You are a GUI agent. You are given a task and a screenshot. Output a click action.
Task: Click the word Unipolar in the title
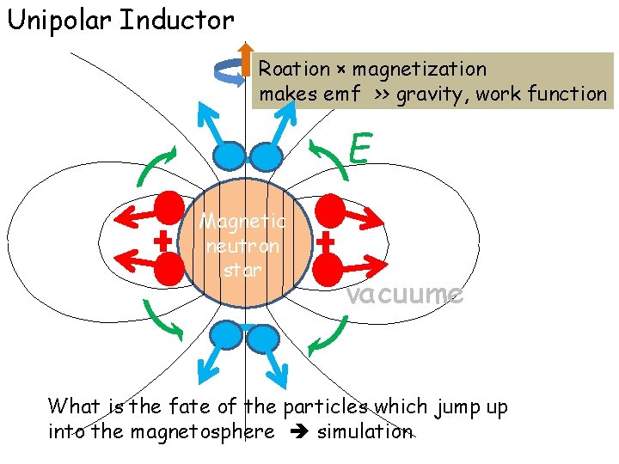[x=59, y=20]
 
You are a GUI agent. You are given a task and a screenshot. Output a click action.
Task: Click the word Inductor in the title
[x=176, y=20]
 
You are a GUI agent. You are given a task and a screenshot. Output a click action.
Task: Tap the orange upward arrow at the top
[x=245, y=59]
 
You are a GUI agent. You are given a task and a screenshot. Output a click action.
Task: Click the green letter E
[x=359, y=149]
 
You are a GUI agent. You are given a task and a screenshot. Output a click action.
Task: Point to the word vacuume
[x=404, y=294]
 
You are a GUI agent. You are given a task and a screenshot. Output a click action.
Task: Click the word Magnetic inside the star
[x=243, y=222]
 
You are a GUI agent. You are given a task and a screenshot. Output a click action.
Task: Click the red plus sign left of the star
[x=161, y=242]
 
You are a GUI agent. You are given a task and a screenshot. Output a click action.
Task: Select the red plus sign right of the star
[x=325, y=242]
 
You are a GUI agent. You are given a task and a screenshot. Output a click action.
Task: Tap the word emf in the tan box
[x=342, y=94]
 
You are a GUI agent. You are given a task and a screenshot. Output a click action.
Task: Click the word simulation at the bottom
[x=365, y=431]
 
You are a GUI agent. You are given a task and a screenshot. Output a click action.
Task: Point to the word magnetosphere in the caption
[x=202, y=431]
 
